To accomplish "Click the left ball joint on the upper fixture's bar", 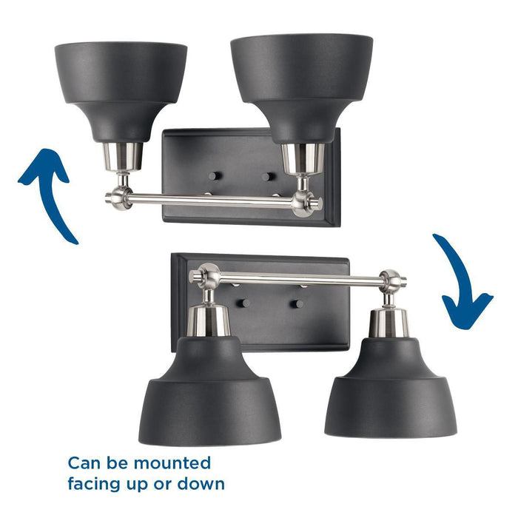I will click(x=118, y=198).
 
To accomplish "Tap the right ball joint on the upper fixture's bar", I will click(x=303, y=202).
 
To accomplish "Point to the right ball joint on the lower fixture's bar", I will click(x=391, y=280).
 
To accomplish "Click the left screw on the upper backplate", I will click(x=213, y=176).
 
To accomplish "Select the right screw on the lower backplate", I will click(x=297, y=303).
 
